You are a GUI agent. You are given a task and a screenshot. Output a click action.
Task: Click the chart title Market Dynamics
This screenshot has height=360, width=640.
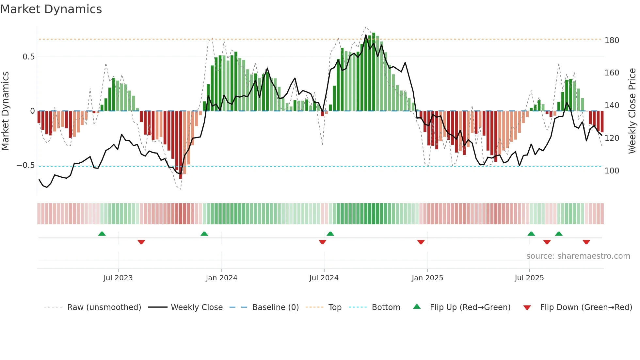pyautogui.click(x=51, y=9)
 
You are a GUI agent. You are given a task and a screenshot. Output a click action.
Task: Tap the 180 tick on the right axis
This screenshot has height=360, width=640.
pyautogui.click(x=612, y=41)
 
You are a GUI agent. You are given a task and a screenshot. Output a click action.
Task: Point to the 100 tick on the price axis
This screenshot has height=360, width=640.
pyautogui.click(x=612, y=171)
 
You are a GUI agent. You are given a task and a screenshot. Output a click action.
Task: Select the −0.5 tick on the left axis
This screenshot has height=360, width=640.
pyautogui.click(x=26, y=165)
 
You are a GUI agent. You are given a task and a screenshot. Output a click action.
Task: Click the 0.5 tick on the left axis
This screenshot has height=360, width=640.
pyautogui.click(x=28, y=57)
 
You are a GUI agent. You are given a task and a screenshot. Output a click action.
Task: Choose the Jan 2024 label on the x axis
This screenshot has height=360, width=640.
pyautogui.click(x=221, y=278)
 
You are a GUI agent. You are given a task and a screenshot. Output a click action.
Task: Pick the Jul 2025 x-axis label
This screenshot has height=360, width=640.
pyautogui.click(x=529, y=278)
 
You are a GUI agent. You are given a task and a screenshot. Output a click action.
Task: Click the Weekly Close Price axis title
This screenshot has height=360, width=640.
pyautogui.click(x=632, y=111)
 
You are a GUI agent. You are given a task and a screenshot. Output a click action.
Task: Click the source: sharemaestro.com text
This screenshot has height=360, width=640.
pyautogui.click(x=578, y=256)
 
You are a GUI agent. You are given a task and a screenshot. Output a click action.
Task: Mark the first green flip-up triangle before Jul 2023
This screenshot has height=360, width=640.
pyautogui.click(x=102, y=234)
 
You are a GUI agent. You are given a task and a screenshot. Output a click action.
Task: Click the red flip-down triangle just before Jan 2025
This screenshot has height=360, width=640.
pyautogui.click(x=421, y=242)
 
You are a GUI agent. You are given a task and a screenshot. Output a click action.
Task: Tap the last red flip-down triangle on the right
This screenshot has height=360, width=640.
pyautogui.click(x=586, y=242)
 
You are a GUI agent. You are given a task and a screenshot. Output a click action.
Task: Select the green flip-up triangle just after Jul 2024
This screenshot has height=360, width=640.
pyautogui.click(x=330, y=234)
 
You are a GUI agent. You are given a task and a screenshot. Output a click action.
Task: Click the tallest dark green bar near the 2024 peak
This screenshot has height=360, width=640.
pyautogui.click(x=374, y=72)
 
